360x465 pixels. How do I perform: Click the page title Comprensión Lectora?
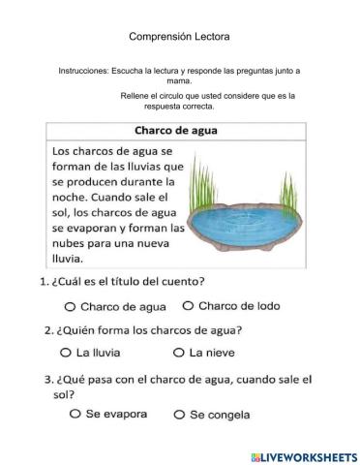click(179, 37)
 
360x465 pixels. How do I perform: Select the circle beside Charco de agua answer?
click(70, 306)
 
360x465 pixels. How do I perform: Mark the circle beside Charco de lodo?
click(188, 306)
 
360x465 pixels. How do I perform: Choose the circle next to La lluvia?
click(66, 353)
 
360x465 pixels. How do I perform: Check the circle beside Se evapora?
click(75, 414)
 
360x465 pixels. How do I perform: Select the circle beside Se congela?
click(178, 415)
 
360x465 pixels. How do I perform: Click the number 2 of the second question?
click(48, 330)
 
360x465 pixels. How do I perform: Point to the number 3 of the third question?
click(47, 378)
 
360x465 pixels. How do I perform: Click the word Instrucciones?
click(84, 71)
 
